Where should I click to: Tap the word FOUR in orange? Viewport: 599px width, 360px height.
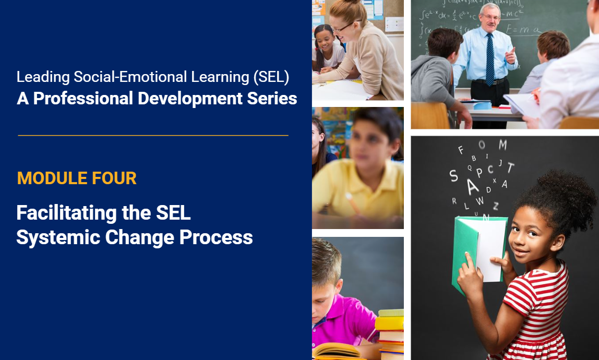tap(114, 178)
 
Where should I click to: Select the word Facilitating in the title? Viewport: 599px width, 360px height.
tap(66, 213)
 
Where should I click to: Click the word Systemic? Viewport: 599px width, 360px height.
tap(58, 238)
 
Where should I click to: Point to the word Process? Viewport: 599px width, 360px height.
tap(216, 237)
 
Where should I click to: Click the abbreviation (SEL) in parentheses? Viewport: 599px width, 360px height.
tap(271, 77)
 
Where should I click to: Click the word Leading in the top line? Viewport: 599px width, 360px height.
tap(43, 77)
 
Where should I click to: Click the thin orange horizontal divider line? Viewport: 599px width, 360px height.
tap(153, 135)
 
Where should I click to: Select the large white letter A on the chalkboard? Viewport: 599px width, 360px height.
tap(472, 186)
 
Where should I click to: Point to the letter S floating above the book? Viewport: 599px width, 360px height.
tap(453, 176)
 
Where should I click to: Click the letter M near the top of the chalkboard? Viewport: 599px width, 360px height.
tap(503, 145)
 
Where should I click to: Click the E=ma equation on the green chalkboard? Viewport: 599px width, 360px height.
tap(523, 29)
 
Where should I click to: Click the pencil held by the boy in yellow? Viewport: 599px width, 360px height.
tap(353, 203)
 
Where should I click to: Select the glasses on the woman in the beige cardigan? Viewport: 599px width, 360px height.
tap(345, 27)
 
